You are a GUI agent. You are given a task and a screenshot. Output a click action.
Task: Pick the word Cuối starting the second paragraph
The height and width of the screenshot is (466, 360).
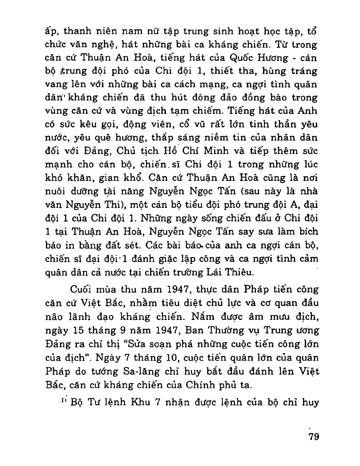(x=83, y=290)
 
